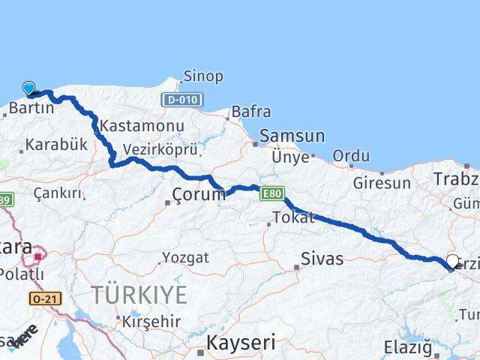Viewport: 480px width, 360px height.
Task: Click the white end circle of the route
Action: click(452, 262)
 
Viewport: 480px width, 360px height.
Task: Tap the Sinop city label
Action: click(203, 76)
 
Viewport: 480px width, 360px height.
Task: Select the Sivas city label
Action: click(322, 259)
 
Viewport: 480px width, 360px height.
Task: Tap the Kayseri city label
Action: click(241, 343)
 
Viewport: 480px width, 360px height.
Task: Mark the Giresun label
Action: click(382, 182)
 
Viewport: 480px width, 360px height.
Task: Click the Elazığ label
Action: click(408, 348)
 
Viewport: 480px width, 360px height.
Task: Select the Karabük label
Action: click(57, 145)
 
